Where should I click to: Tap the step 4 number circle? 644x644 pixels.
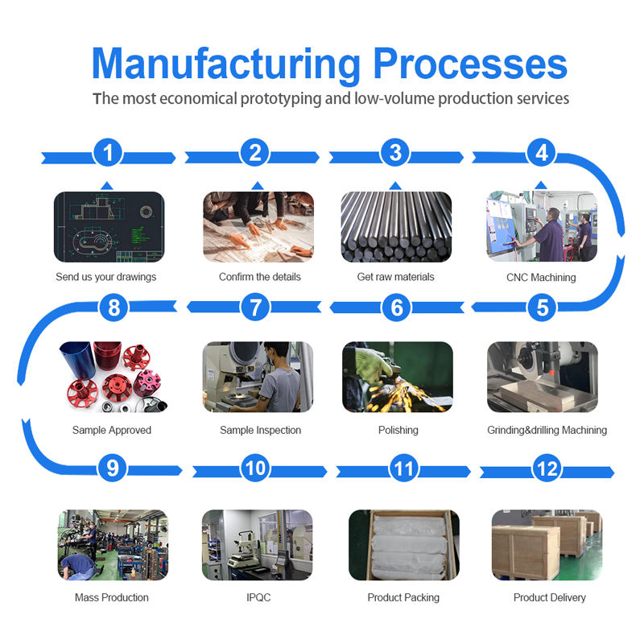(542, 153)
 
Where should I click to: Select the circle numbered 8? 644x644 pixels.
(113, 307)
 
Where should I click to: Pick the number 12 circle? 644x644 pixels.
(547, 469)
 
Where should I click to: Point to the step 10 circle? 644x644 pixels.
(256, 469)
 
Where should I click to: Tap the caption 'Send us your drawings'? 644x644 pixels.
(105, 277)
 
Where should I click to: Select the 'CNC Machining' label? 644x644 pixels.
(542, 278)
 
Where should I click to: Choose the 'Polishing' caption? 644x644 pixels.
(398, 431)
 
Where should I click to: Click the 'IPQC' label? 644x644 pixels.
(255, 598)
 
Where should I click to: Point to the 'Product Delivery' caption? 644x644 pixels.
(549, 598)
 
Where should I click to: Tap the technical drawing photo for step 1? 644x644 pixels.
(109, 226)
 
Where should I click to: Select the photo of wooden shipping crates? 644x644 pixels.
(547, 545)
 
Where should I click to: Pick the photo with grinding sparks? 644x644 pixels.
(397, 377)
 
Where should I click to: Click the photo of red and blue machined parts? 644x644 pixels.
(112, 377)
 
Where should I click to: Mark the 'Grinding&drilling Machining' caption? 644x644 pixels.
(547, 431)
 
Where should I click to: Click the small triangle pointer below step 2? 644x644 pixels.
(257, 186)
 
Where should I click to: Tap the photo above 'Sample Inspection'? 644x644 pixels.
(257, 377)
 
